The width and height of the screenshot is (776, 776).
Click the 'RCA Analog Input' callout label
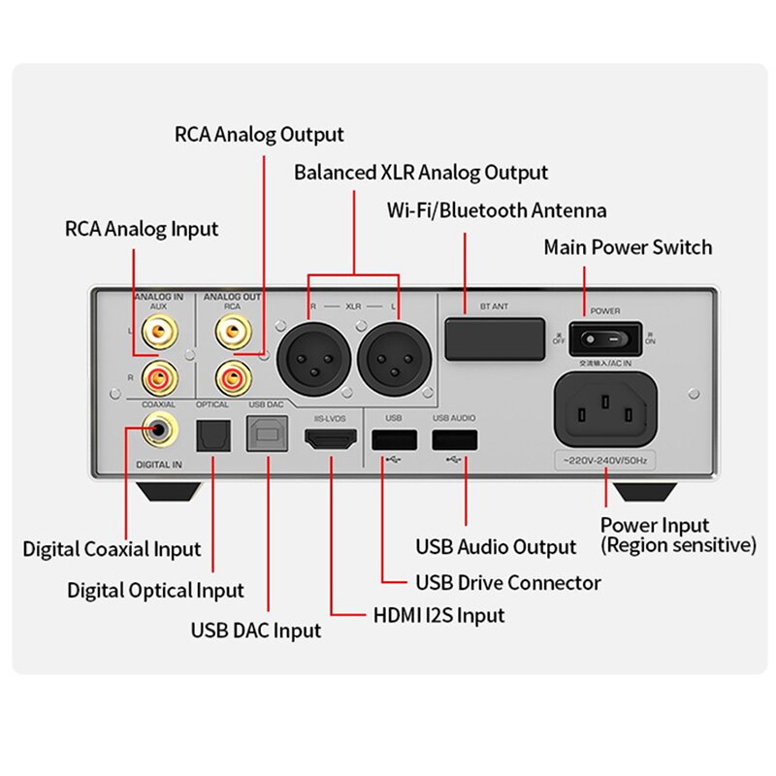click(142, 230)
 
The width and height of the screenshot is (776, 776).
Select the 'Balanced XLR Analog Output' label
click(421, 173)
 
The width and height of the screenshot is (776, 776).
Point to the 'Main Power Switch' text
click(628, 247)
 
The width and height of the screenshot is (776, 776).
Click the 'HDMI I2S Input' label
click(438, 615)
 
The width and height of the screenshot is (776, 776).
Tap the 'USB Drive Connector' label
click(507, 583)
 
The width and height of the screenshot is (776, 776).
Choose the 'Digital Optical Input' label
click(155, 590)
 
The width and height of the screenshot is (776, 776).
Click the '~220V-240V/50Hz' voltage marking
click(603, 461)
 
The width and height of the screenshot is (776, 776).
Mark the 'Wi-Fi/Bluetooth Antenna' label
click(497, 210)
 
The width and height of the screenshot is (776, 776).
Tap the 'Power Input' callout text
click(655, 526)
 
